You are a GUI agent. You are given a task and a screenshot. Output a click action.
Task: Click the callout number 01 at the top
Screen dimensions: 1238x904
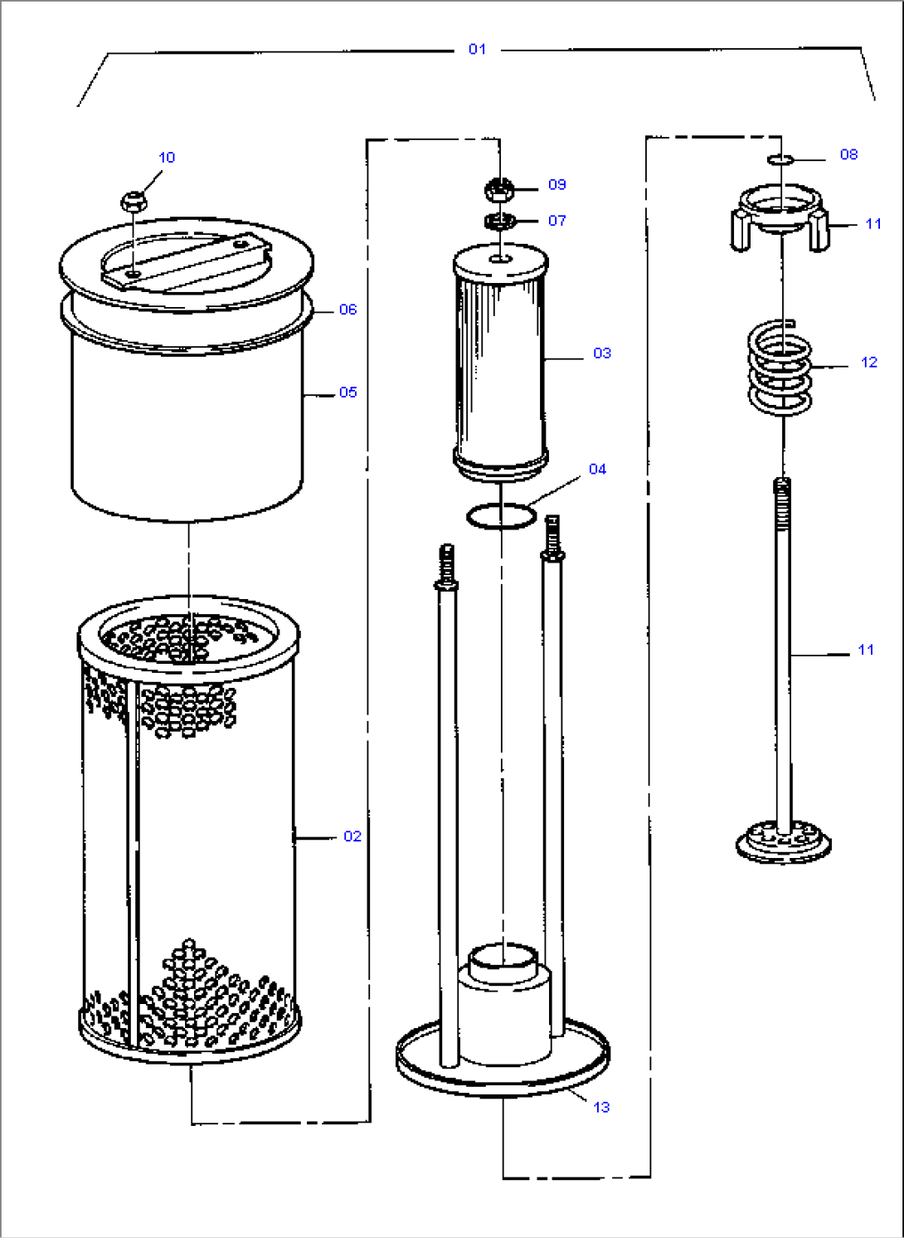477,49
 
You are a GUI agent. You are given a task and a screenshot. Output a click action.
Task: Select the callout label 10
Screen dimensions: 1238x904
167,158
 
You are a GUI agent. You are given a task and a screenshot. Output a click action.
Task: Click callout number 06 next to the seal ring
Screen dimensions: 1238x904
348,309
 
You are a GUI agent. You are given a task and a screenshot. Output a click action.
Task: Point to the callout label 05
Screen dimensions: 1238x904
348,392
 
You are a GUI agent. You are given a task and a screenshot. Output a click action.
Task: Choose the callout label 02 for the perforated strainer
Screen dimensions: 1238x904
352,836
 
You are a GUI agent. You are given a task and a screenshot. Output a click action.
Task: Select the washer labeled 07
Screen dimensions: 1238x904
500,221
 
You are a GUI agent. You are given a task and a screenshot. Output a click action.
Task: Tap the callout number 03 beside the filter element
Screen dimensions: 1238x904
602,353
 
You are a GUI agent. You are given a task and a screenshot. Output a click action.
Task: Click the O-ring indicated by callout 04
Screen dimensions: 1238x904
501,516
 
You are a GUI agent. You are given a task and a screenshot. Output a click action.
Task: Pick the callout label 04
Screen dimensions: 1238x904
597,470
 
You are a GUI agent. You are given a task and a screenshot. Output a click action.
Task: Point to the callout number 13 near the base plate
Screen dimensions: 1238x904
601,1107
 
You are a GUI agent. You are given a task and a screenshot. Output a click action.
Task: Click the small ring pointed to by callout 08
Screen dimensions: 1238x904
780,158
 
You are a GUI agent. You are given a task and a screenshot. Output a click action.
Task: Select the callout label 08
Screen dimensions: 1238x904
848,154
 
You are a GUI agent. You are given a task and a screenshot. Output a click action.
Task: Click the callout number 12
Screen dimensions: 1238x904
868,363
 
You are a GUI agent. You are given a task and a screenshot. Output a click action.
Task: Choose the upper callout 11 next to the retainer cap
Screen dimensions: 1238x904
873,224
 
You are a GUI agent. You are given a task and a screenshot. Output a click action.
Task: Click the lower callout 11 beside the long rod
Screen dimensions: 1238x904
866,651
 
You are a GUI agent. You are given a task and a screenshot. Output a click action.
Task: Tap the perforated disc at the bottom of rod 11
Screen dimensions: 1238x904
783,841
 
